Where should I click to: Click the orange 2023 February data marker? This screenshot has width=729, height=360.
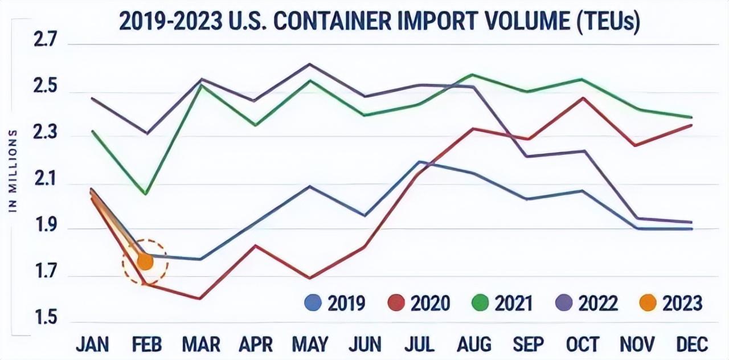click(145, 261)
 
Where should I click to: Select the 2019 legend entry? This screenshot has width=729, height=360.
click(335, 303)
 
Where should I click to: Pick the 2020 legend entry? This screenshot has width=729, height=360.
click(419, 303)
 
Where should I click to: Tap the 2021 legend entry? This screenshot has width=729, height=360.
click(502, 303)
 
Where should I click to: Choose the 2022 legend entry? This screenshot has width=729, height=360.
click(587, 303)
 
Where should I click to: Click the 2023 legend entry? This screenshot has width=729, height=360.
click(670, 303)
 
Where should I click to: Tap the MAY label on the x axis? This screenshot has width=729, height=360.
click(309, 344)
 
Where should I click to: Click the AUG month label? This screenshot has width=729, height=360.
click(474, 344)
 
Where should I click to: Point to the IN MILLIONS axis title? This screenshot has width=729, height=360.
click(14, 171)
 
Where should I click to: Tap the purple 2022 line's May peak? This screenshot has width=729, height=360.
click(309, 64)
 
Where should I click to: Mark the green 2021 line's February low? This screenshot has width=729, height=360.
click(146, 194)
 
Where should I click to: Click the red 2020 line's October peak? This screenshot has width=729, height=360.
click(583, 98)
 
